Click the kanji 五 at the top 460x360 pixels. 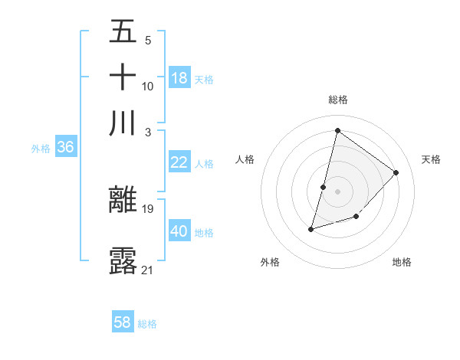click(123, 32)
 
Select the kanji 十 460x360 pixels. click(123, 77)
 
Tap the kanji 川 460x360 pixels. click(123, 123)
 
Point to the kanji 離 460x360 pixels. click(123, 200)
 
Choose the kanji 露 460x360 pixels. click(123, 260)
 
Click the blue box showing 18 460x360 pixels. click(179, 78)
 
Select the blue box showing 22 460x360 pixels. click(179, 162)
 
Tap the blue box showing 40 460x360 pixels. click(179, 231)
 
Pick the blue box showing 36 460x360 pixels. click(65, 148)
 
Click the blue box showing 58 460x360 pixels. click(123, 322)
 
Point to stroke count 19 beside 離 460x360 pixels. click(149, 208)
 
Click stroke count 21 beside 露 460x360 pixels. click(148, 269)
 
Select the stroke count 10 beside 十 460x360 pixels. click(148, 86)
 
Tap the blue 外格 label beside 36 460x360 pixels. click(41, 149)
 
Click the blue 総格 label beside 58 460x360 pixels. click(147, 323)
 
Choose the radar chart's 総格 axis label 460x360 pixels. click(337, 100)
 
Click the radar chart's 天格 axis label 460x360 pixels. click(431, 159)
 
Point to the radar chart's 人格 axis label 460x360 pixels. click(245, 159)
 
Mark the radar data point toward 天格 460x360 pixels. click(396, 172)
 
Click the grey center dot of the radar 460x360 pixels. click(337, 191)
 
